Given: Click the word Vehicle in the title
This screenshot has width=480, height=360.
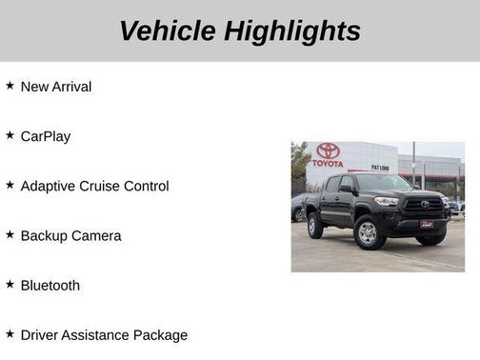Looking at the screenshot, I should [169, 30].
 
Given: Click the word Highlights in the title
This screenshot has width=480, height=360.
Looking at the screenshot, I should [293, 30].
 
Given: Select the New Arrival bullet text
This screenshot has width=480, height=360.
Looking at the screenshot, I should [56, 87].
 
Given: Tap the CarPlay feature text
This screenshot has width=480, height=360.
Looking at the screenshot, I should [46, 136].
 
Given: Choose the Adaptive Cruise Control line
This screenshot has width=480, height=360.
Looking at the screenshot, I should [94, 186].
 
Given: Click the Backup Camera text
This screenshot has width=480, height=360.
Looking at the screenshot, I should [70, 235].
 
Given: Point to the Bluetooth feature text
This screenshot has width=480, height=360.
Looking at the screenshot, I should [50, 285].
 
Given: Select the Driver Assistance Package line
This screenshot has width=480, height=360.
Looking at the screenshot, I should [104, 334].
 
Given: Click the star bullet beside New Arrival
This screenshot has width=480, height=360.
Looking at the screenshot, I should [10, 86].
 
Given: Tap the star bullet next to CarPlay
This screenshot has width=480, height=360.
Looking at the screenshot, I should [10, 135].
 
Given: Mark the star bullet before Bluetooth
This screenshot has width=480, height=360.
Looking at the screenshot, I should [10, 284].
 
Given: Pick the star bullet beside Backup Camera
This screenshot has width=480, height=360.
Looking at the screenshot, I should [10, 234].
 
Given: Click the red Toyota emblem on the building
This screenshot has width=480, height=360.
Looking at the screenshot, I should [329, 150].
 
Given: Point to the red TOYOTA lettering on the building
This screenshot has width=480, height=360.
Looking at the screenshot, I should [329, 164].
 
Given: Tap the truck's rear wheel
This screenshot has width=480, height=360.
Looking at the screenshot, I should [315, 225].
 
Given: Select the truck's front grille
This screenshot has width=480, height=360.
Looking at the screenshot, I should [423, 205].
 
